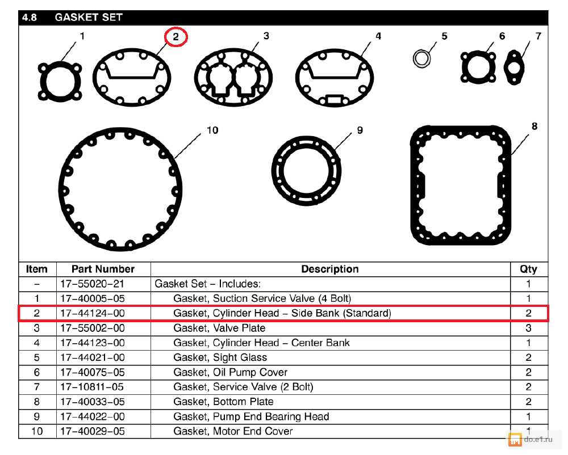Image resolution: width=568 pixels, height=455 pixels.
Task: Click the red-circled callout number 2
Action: click(176, 37)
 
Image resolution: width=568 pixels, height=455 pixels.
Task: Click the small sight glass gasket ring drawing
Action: click(421, 57)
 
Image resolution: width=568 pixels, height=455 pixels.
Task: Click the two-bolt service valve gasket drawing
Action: click(515, 68)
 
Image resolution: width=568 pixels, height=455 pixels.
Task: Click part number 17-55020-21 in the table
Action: click(92, 284)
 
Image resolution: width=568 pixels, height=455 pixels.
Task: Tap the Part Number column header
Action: click(103, 269)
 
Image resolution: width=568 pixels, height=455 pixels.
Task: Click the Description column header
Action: click(330, 269)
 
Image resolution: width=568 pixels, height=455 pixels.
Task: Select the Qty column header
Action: click(528, 269)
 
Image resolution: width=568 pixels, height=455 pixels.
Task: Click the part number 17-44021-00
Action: click(92, 357)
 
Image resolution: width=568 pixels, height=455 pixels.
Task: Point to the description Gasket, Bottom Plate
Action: click(223, 402)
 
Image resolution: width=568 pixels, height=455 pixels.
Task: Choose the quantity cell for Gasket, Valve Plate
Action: click(528, 328)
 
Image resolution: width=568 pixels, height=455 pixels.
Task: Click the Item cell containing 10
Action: click(37, 431)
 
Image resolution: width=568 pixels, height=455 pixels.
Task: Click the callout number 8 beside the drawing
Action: click(534, 127)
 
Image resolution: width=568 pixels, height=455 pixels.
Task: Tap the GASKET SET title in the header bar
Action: click(88, 18)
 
